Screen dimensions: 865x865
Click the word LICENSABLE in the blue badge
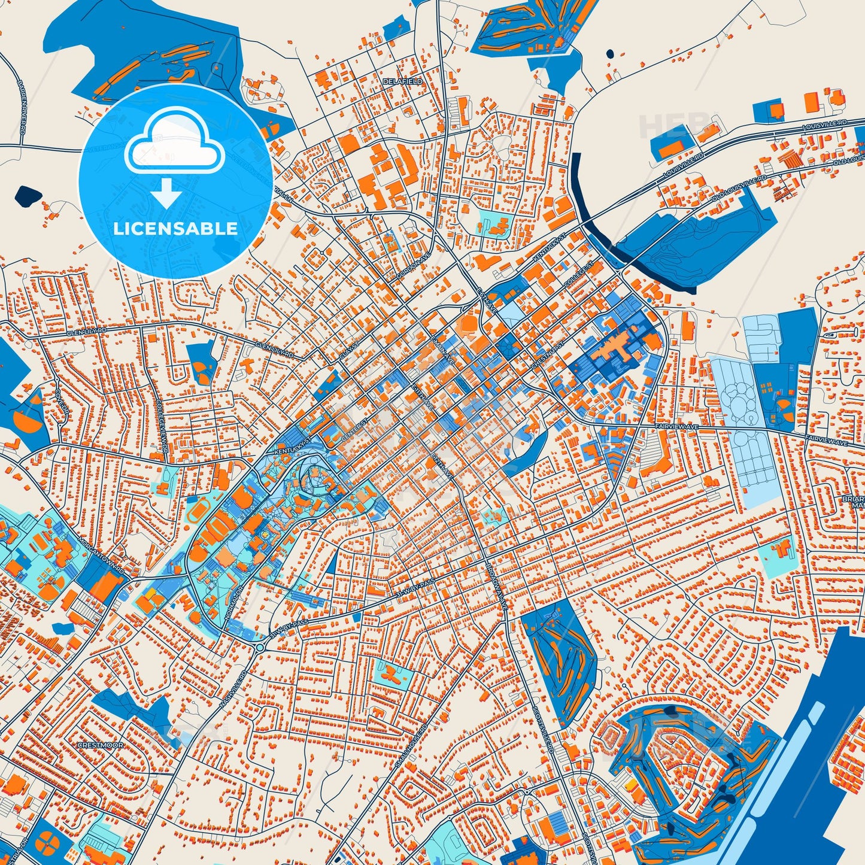pyautogui.click(x=175, y=229)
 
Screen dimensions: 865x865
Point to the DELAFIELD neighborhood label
pyautogui.click(x=403, y=81)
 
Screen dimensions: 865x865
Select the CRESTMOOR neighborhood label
pyautogui.click(x=101, y=745)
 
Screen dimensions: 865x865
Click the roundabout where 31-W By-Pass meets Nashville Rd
pyautogui.click(x=260, y=647)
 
